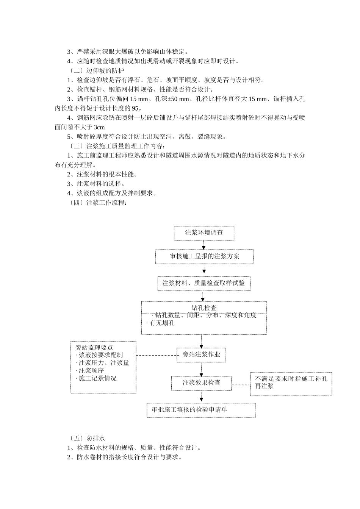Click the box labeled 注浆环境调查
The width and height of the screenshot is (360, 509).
(204, 233)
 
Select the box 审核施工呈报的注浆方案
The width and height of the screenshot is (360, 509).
(204, 256)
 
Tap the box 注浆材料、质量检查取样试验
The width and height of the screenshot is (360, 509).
(203, 283)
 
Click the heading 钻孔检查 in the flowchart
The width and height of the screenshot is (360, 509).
(204, 308)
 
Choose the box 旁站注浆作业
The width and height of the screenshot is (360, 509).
(201, 355)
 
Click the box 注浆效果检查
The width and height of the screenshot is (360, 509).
(201, 383)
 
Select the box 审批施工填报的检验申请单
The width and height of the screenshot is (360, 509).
(201, 410)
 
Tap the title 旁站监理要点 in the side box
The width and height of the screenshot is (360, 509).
(94, 348)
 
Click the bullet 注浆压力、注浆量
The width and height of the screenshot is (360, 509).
(103, 363)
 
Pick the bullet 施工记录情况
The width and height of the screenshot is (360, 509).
(97, 378)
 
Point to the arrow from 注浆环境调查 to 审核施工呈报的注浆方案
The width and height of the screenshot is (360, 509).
(204, 245)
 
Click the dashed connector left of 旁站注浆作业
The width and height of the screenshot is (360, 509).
(157, 355)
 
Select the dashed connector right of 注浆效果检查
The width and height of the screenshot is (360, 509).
(241, 385)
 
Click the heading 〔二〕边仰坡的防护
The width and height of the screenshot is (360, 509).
(97, 71)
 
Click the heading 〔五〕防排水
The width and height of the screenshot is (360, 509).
(87, 439)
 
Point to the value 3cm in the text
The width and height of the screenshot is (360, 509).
(99, 127)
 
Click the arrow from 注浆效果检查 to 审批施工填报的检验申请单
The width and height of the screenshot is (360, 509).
(201, 397)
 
